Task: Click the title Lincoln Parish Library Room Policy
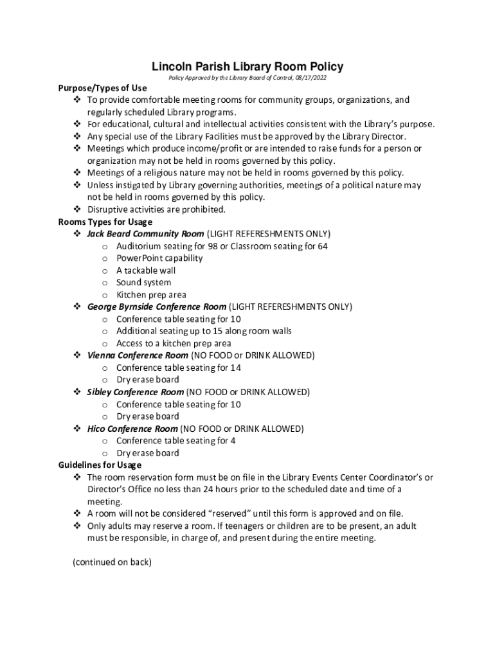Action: point(248,66)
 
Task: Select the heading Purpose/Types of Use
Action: point(102,88)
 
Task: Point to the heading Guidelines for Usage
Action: point(100,465)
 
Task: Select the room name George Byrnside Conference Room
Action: point(156,307)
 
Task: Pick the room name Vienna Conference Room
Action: point(138,355)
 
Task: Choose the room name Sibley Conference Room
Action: point(135,392)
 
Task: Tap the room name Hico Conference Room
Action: point(132,429)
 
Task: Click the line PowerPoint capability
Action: point(159,258)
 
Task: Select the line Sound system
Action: point(143,283)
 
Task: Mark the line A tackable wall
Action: point(146,271)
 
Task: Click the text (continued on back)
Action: point(112,562)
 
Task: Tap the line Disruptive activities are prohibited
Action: point(156,209)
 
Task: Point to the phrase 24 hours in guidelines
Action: point(222,490)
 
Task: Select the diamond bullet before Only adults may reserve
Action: point(76,526)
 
